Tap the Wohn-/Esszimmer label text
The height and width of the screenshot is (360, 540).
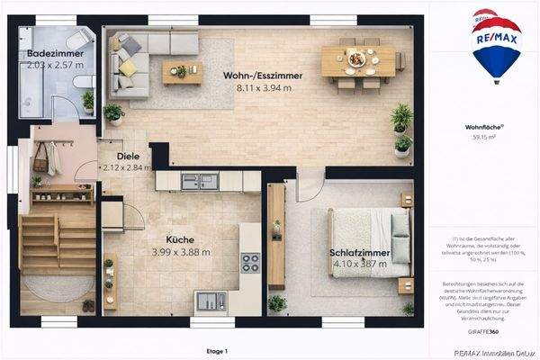point(262,76)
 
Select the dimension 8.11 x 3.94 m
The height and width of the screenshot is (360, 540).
point(262,88)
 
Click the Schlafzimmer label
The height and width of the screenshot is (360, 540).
point(359,254)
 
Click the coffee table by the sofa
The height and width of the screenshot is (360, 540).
point(182,72)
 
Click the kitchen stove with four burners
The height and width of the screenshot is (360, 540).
point(249,262)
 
